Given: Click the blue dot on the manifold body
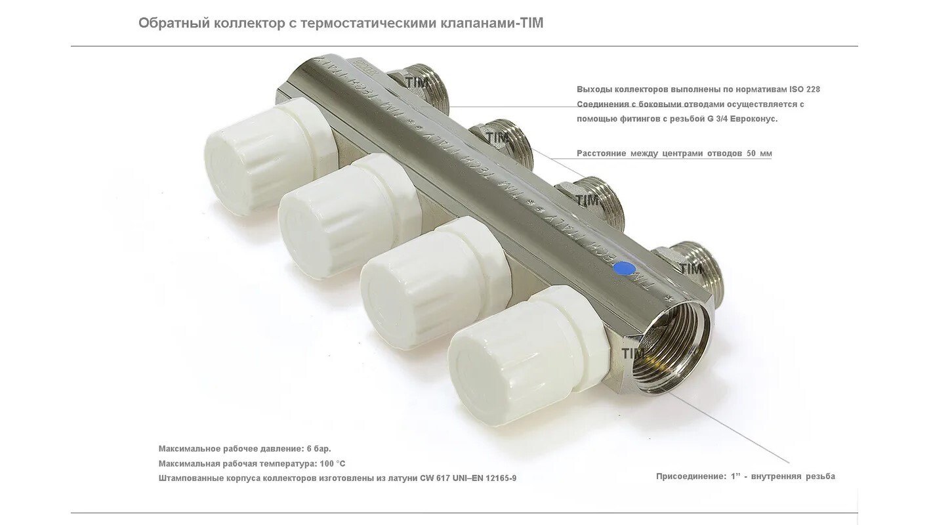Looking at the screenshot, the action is (x=625, y=268).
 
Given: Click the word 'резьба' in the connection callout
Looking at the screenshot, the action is (x=820, y=476).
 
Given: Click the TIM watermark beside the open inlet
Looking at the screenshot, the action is (x=633, y=354).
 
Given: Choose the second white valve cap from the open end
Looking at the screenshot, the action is (x=436, y=286).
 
